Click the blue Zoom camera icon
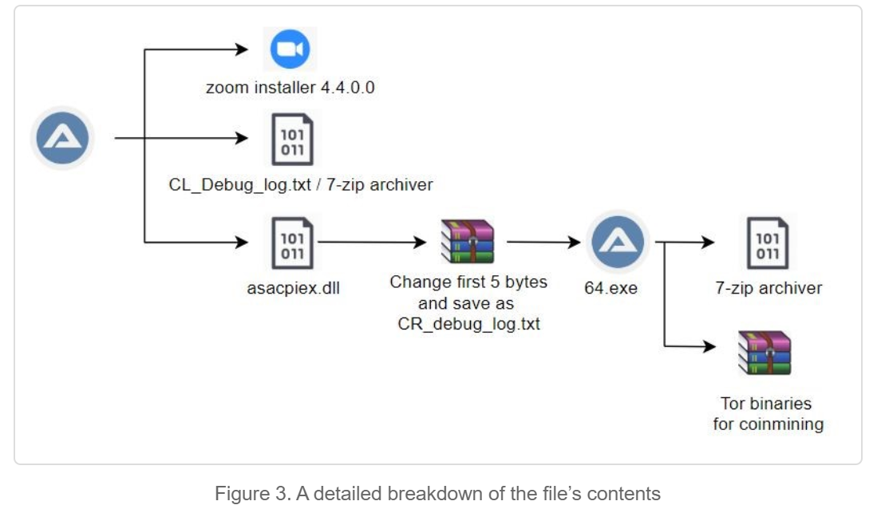click(x=290, y=49)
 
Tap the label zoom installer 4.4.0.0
click(x=290, y=87)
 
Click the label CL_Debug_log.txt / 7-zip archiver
click(x=300, y=185)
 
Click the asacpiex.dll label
click(x=294, y=288)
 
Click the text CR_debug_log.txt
click(x=468, y=325)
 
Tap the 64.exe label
click(x=611, y=288)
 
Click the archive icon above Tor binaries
click(x=768, y=354)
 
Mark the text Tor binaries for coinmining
click(x=768, y=413)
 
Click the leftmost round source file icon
click(x=62, y=140)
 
